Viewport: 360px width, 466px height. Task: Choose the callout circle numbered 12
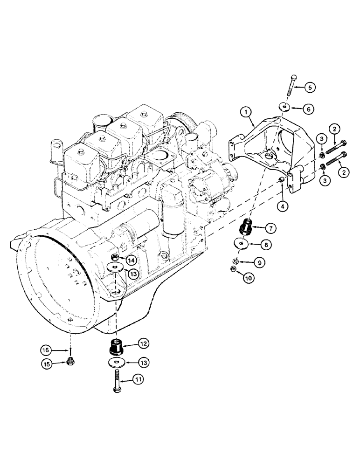[143, 344]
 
